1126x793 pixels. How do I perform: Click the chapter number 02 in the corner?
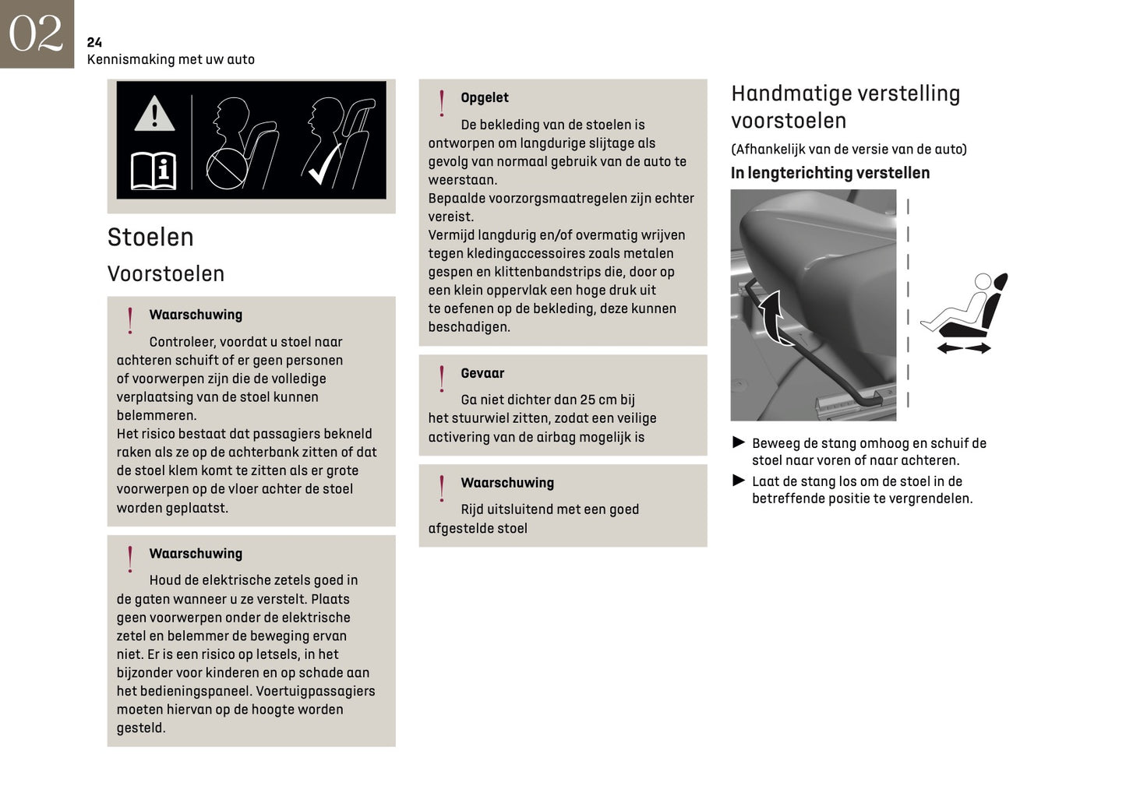pyautogui.click(x=36, y=33)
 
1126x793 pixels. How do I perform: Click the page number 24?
pyautogui.click(x=94, y=42)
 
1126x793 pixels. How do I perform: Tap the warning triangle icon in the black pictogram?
pyautogui.click(x=154, y=114)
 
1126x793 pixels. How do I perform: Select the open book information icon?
pyautogui.click(x=154, y=171)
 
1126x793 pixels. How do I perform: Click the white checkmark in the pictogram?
pyautogui.click(x=323, y=164)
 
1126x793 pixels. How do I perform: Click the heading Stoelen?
pyautogui.click(x=150, y=238)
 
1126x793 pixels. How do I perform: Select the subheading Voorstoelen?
pyautogui.click(x=166, y=274)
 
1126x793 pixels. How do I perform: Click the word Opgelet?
pyautogui.click(x=484, y=97)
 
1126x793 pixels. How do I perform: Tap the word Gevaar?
pyautogui.click(x=482, y=373)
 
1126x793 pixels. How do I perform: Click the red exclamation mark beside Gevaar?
pyautogui.click(x=442, y=379)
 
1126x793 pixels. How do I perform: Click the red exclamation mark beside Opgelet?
pyautogui.click(x=442, y=103)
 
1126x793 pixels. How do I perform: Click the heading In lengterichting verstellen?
pyautogui.click(x=830, y=173)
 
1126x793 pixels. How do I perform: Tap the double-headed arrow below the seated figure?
pyautogui.click(x=963, y=348)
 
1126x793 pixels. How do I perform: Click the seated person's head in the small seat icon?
pyautogui.click(x=983, y=281)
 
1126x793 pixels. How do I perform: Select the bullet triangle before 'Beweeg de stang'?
pyautogui.click(x=739, y=442)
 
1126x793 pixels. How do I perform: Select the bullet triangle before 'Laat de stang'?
pyautogui.click(x=739, y=481)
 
